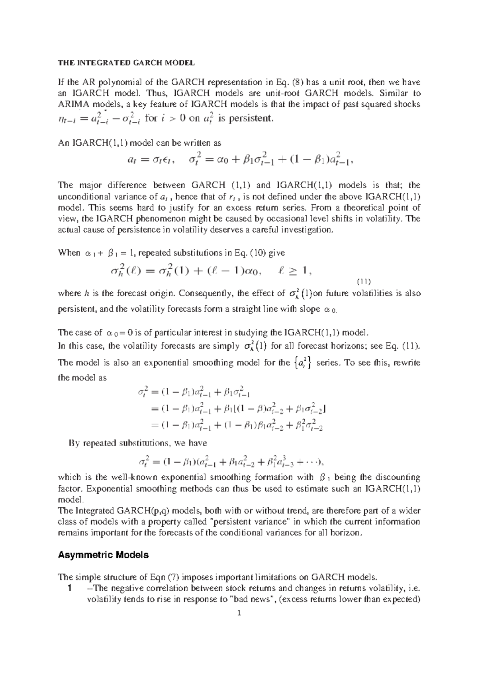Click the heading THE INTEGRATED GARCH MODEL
[x=126, y=63]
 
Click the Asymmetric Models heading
[x=103, y=555]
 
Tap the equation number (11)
[x=363, y=281]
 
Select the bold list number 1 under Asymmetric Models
[x=70, y=588]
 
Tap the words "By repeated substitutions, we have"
[x=137, y=443]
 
